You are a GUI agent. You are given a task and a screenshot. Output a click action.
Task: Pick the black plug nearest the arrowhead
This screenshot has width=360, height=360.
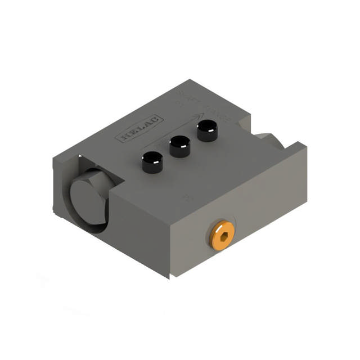[x=206, y=133]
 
